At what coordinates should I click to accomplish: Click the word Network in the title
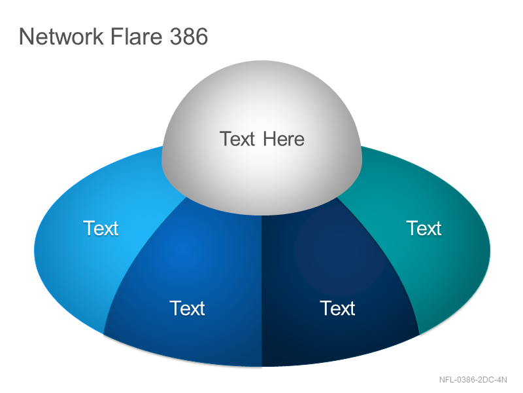[x=61, y=36]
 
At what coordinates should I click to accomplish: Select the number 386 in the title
[x=189, y=36]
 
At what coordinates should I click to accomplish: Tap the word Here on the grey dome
[x=284, y=139]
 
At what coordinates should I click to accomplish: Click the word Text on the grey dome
[x=237, y=139]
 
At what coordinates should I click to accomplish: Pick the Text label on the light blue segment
[x=101, y=228]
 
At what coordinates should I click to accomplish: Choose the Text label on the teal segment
[x=424, y=228]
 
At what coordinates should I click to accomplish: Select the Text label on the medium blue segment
[x=187, y=308]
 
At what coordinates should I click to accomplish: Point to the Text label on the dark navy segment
[x=337, y=308]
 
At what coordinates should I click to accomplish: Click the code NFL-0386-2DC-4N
[x=473, y=380]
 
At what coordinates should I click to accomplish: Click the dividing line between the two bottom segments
[x=262, y=291]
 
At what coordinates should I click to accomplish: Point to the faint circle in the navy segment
[x=340, y=251]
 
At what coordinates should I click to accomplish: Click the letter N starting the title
[x=26, y=36]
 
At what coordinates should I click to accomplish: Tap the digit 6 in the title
[x=201, y=36]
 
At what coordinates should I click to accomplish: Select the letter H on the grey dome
[x=269, y=139]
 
